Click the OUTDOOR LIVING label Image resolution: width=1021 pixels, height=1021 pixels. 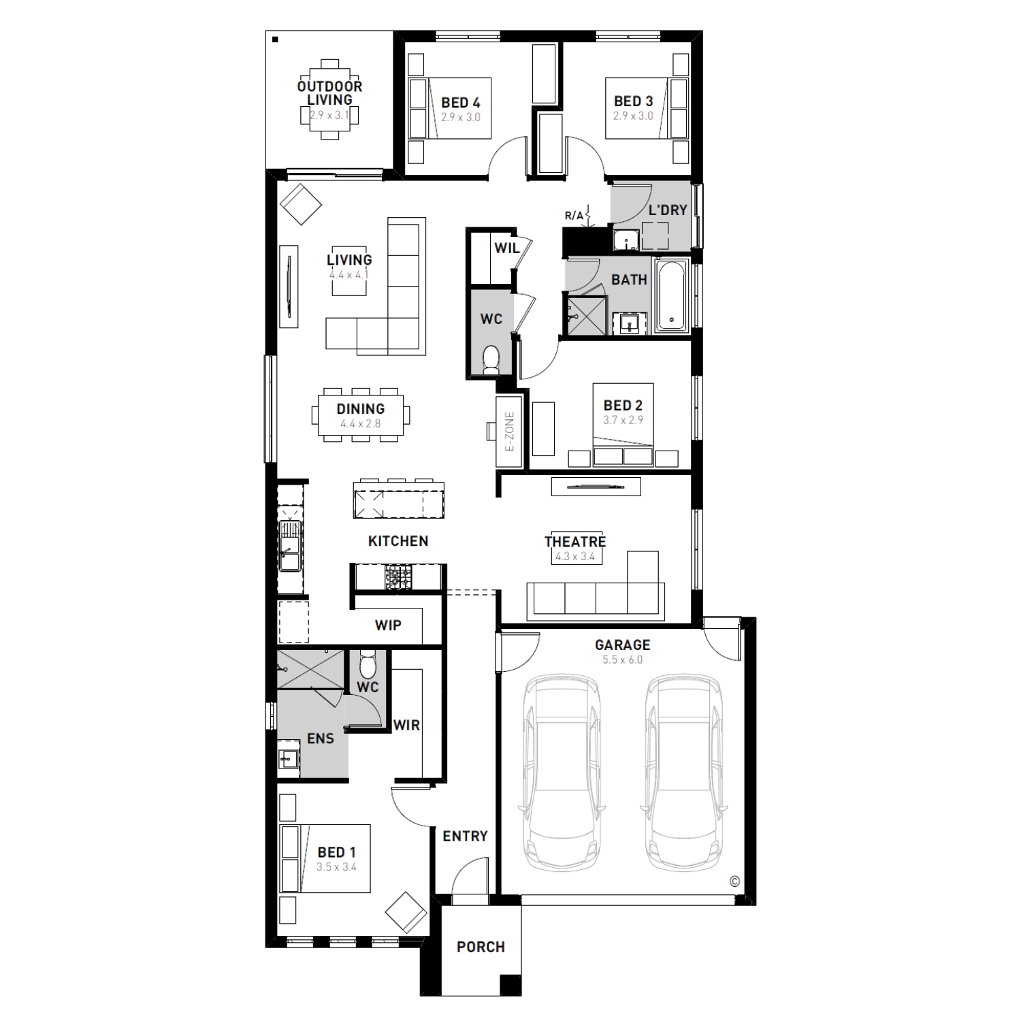point(330,93)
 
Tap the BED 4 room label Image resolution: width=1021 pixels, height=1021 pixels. point(461,103)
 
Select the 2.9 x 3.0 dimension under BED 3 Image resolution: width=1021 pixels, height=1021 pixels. point(633,116)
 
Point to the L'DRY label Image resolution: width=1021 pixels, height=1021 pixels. point(668,210)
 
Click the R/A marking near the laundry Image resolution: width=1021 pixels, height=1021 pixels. point(574,216)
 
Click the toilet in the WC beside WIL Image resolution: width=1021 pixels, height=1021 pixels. point(491,359)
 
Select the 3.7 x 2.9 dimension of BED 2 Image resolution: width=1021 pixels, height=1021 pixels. point(623,421)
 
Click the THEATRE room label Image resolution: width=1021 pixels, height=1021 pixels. point(575,542)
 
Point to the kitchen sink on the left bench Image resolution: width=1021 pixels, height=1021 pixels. point(289,545)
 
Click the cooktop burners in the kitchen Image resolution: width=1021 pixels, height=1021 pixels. point(398,578)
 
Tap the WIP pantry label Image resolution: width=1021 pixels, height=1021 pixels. point(388,626)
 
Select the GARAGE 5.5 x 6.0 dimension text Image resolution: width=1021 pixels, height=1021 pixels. point(622,660)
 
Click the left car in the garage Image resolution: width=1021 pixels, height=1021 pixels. point(562,774)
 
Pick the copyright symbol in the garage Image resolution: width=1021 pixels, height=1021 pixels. point(734,881)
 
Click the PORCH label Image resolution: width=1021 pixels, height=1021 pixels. point(481,947)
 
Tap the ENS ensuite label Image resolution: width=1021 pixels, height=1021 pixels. point(321,739)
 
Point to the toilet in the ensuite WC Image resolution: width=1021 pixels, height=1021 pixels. point(368,663)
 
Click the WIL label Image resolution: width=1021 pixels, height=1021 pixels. point(507,248)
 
